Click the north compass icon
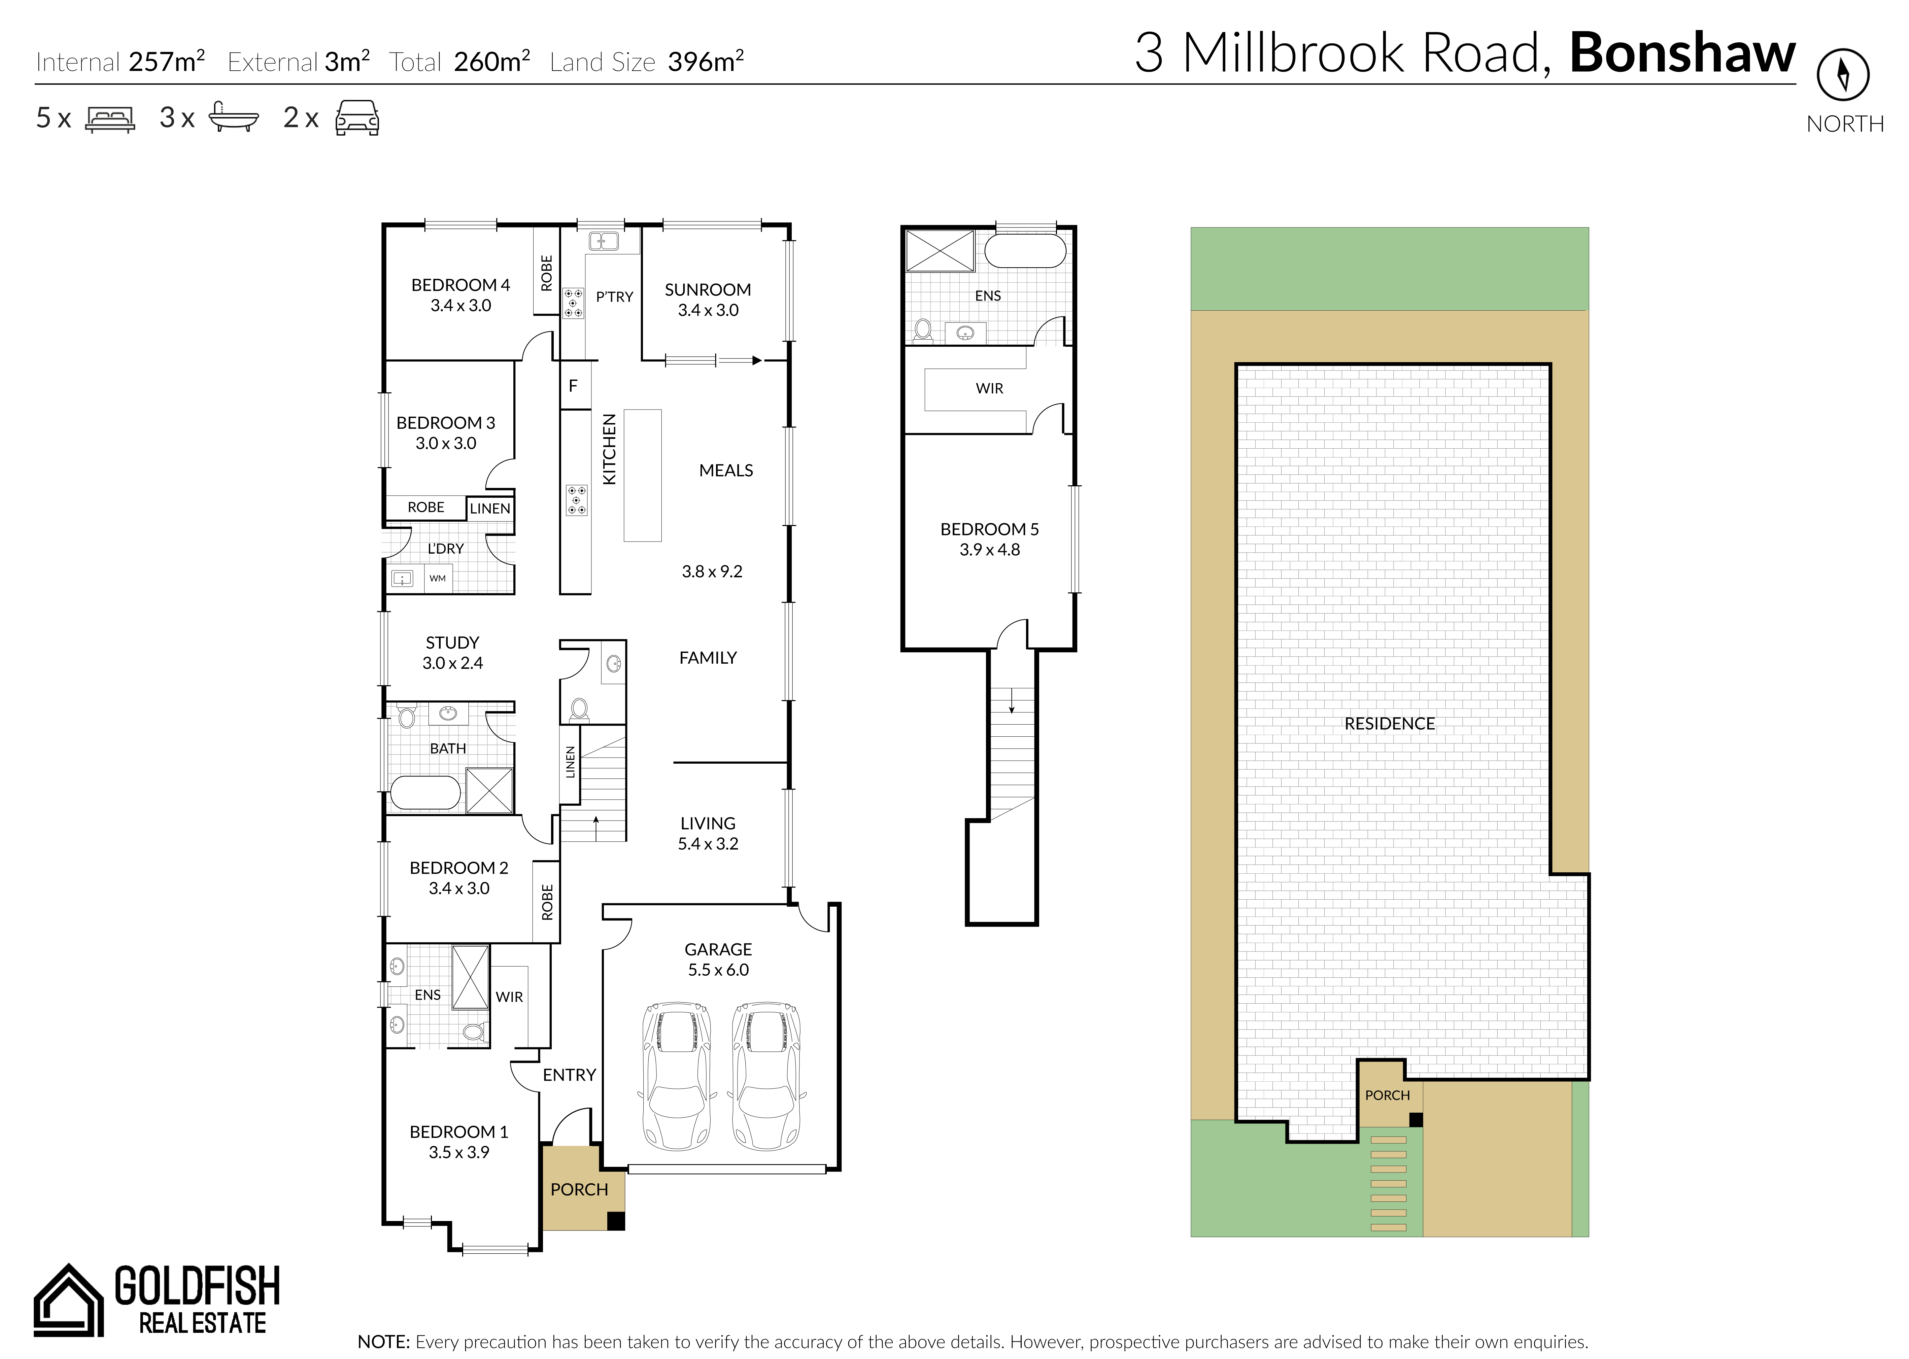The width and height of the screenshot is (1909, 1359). [1843, 74]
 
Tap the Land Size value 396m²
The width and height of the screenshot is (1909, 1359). [706, 61]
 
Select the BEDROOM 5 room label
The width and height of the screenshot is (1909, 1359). [989, 529]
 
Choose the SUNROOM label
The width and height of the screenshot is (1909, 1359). [708, 289]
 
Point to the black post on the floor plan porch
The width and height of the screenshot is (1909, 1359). [616, 1221]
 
